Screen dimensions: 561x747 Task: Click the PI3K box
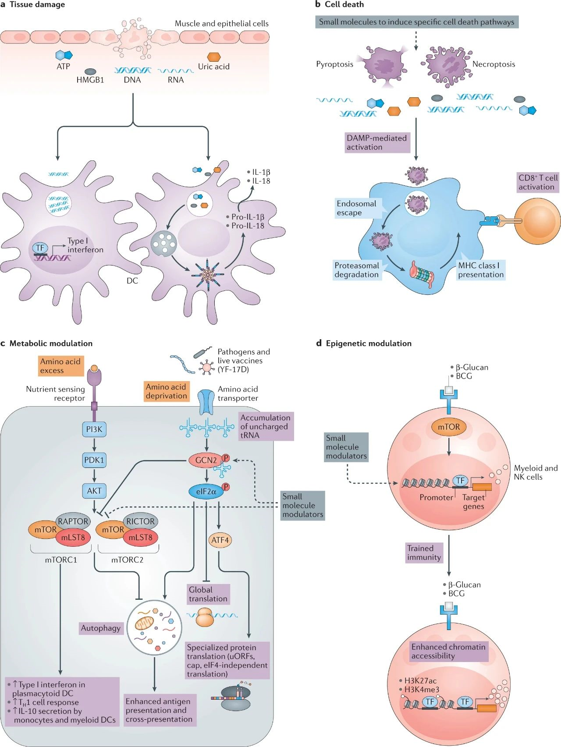[x=94, y=429]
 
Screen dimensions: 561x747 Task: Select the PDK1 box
[x=94, y=460]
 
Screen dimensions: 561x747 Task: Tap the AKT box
[x=94, y=491]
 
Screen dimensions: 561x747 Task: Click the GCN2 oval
[x=206, y=460]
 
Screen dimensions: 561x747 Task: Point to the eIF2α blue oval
[x=206, y=492]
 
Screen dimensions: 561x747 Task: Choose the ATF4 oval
[x=220, y=540]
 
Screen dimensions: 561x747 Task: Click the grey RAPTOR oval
[x=73, y=521]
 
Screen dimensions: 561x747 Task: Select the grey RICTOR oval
[x=140, y=521]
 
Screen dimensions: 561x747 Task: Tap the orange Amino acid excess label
[x=60, y=366]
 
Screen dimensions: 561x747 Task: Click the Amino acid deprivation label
[x=167, y=391]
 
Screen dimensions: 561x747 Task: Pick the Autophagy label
[x=101, y=628]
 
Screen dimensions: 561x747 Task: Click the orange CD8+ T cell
[x=537, y=220]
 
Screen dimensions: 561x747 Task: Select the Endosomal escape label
[x=357, y=208]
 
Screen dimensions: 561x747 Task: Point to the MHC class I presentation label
[x=481, y=270]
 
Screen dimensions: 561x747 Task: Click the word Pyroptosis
[x=334, y=64]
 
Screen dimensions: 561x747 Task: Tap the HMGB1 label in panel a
[x=90, y=80]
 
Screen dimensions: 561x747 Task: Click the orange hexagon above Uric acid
[x=214, y=57]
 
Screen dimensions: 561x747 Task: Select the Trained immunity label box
[x=424, y=552]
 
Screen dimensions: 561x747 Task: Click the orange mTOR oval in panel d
[x=449, y=427]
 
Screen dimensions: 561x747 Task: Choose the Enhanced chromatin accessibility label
[x=448, y=651]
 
